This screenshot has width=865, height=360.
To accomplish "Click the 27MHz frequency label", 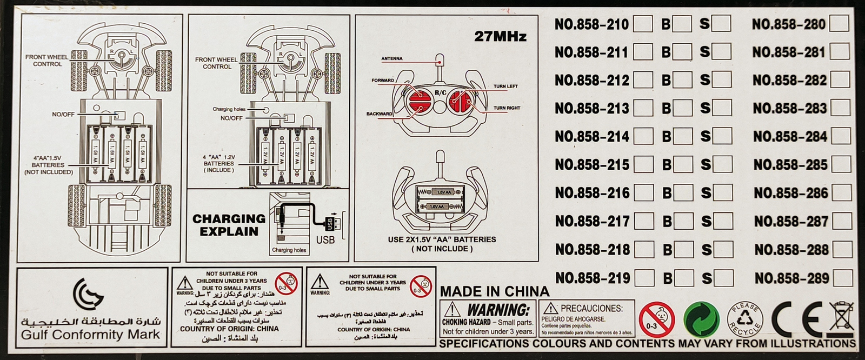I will pos(500,36).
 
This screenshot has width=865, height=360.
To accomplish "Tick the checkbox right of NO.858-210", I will pos(643,24).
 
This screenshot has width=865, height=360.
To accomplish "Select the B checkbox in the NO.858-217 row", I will pos(683,221).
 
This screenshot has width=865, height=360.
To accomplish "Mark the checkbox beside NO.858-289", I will pos(842,278).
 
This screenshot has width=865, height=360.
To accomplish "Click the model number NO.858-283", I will pos(789,108).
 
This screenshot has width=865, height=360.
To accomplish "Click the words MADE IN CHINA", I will pos(494,291).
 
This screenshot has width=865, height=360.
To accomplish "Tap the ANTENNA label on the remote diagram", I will pos(392,58).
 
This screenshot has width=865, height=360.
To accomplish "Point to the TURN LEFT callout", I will pos(505,86).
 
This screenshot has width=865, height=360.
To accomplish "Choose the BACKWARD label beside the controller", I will pos(380,114).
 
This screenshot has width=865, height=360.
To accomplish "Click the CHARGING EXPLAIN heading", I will pos(229,225).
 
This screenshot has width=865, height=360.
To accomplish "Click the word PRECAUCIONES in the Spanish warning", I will pos(591,308).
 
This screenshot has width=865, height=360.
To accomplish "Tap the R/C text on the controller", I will pos(440,93).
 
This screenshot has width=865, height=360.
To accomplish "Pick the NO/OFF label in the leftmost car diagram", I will pos(63,115).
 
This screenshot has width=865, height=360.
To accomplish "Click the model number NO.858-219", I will pos(592,278).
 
